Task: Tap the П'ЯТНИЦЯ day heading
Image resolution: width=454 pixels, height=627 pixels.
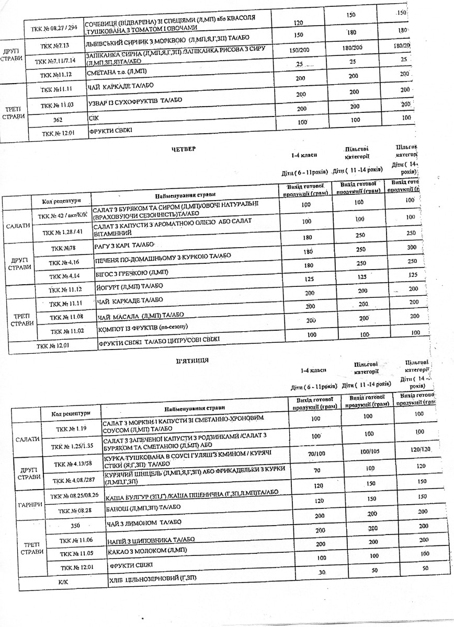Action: pyautogui.click(x=194, y=360)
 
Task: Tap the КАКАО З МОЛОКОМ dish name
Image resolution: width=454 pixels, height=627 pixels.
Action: pyautogui.click(x=146, y=550)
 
